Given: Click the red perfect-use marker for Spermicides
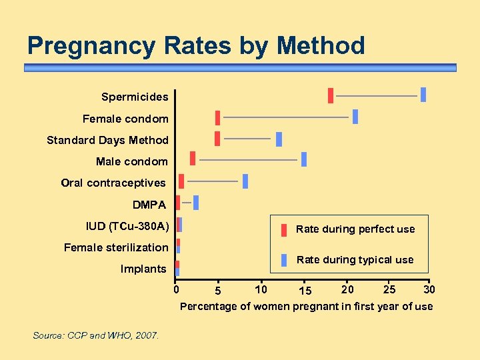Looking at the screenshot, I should click(x=330, y=95).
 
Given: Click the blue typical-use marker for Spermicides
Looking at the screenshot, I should click(x=423, y=95).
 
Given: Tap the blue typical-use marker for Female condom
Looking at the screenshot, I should click(x=355, y=117).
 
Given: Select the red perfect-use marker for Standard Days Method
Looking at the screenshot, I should click(x=217, y=139).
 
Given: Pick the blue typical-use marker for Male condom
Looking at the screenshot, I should click(x=304, y=159).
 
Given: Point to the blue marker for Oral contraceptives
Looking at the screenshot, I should click(x=245, y=181).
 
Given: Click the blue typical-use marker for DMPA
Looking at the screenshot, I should click(x=196, y=203).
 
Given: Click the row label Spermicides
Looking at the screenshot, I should click(x=135, y=97).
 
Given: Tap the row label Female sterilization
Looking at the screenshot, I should click(x=116, y=247).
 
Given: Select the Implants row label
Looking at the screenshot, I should click(x=143, y=269).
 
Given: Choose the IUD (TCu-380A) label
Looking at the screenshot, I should click(x=127, y=226).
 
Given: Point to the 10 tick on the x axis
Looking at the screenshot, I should click(x=261, y=289).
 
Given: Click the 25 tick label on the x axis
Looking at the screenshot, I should click(x=390, y=289).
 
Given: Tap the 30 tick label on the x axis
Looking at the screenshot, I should click(x=430, y=289).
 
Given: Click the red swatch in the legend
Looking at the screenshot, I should click(x=284, y=229).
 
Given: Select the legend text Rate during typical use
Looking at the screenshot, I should click(x=355, y=260).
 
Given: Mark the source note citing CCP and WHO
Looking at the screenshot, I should click(x=96, y=335).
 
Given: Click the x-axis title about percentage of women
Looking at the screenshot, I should click(x=306, y=307).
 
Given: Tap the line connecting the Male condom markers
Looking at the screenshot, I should click(x=248, y=160).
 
